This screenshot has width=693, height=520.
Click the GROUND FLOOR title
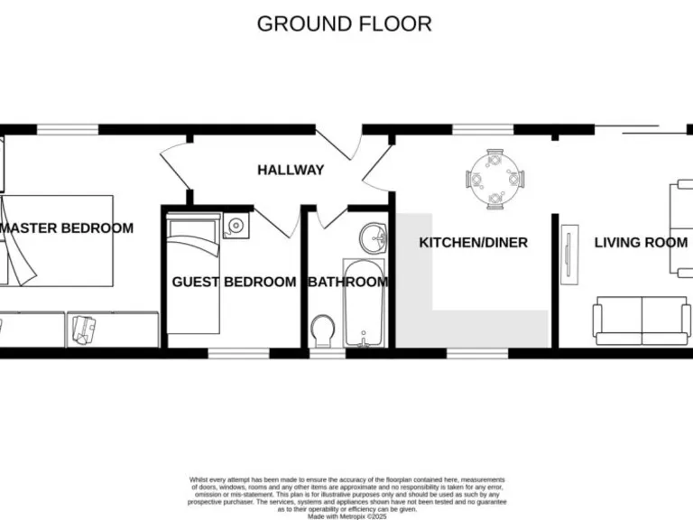coord(344,23)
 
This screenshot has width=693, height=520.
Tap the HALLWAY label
coord(290,170)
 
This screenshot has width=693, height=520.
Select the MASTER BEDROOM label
coord(67,228)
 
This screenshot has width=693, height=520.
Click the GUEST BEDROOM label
coord(234,282)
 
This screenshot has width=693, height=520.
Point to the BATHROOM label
coord(348,282)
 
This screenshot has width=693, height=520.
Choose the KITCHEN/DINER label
coord(473,242)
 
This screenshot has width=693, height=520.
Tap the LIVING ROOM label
coord(640,242)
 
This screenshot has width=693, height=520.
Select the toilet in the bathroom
coord(322,330)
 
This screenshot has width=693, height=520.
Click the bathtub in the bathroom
coord(364,302)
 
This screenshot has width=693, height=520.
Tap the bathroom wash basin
coord(374,238)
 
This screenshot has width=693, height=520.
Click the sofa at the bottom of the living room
coord(642,320)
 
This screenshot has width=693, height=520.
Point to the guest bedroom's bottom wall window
coord(239,353)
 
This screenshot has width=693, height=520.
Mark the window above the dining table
coord(483,130)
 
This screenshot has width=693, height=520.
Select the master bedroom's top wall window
coord(68,130)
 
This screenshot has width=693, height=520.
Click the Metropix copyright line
coord(346,515)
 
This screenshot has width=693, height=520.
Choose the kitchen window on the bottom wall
coord(477,353)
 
